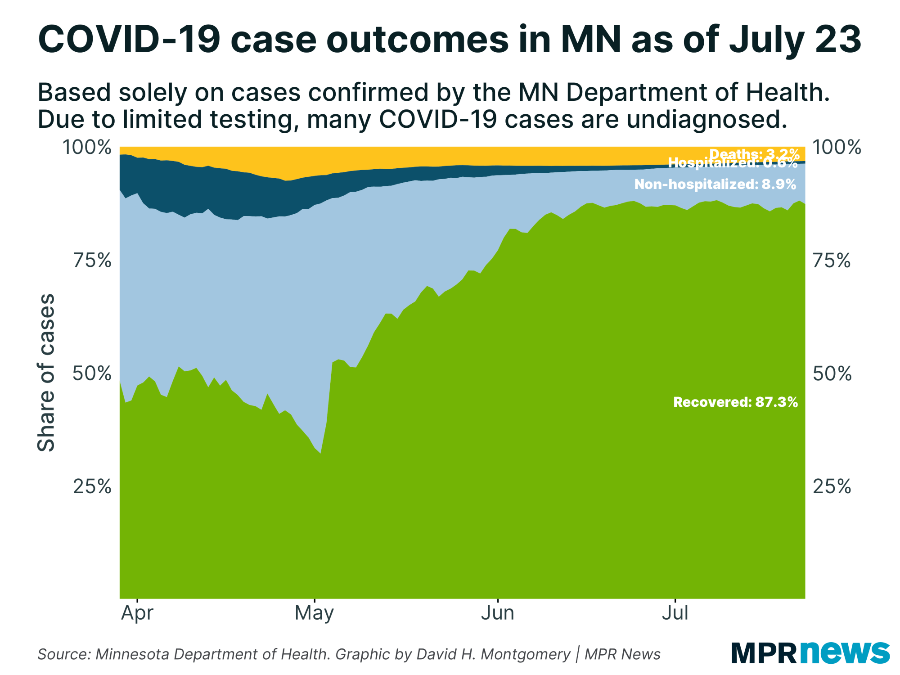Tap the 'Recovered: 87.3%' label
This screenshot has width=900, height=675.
pos(735,402)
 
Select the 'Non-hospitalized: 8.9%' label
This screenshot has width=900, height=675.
pos(715,184)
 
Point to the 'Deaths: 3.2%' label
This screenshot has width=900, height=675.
pos(754,153)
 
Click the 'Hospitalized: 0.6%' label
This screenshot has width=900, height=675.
pos(733,163)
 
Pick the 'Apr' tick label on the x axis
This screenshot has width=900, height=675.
pos(137,613)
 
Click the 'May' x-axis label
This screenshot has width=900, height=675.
pos(314,613)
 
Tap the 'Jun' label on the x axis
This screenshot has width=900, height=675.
pos(497,613)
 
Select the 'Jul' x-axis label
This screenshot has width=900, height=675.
pos(675,613)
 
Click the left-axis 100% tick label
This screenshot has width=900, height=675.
pos(86,147)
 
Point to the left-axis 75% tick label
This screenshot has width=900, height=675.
pos(92,261)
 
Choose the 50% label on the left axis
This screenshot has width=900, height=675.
pos(92,373)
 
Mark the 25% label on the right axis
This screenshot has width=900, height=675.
pos(832,486)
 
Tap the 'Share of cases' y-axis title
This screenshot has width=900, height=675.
pos(46,373)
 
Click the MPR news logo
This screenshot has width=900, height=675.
pos(810,652)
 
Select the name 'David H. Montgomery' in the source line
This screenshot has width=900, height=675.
pos(493,654)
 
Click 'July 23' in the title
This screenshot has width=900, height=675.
pos(795,40)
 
